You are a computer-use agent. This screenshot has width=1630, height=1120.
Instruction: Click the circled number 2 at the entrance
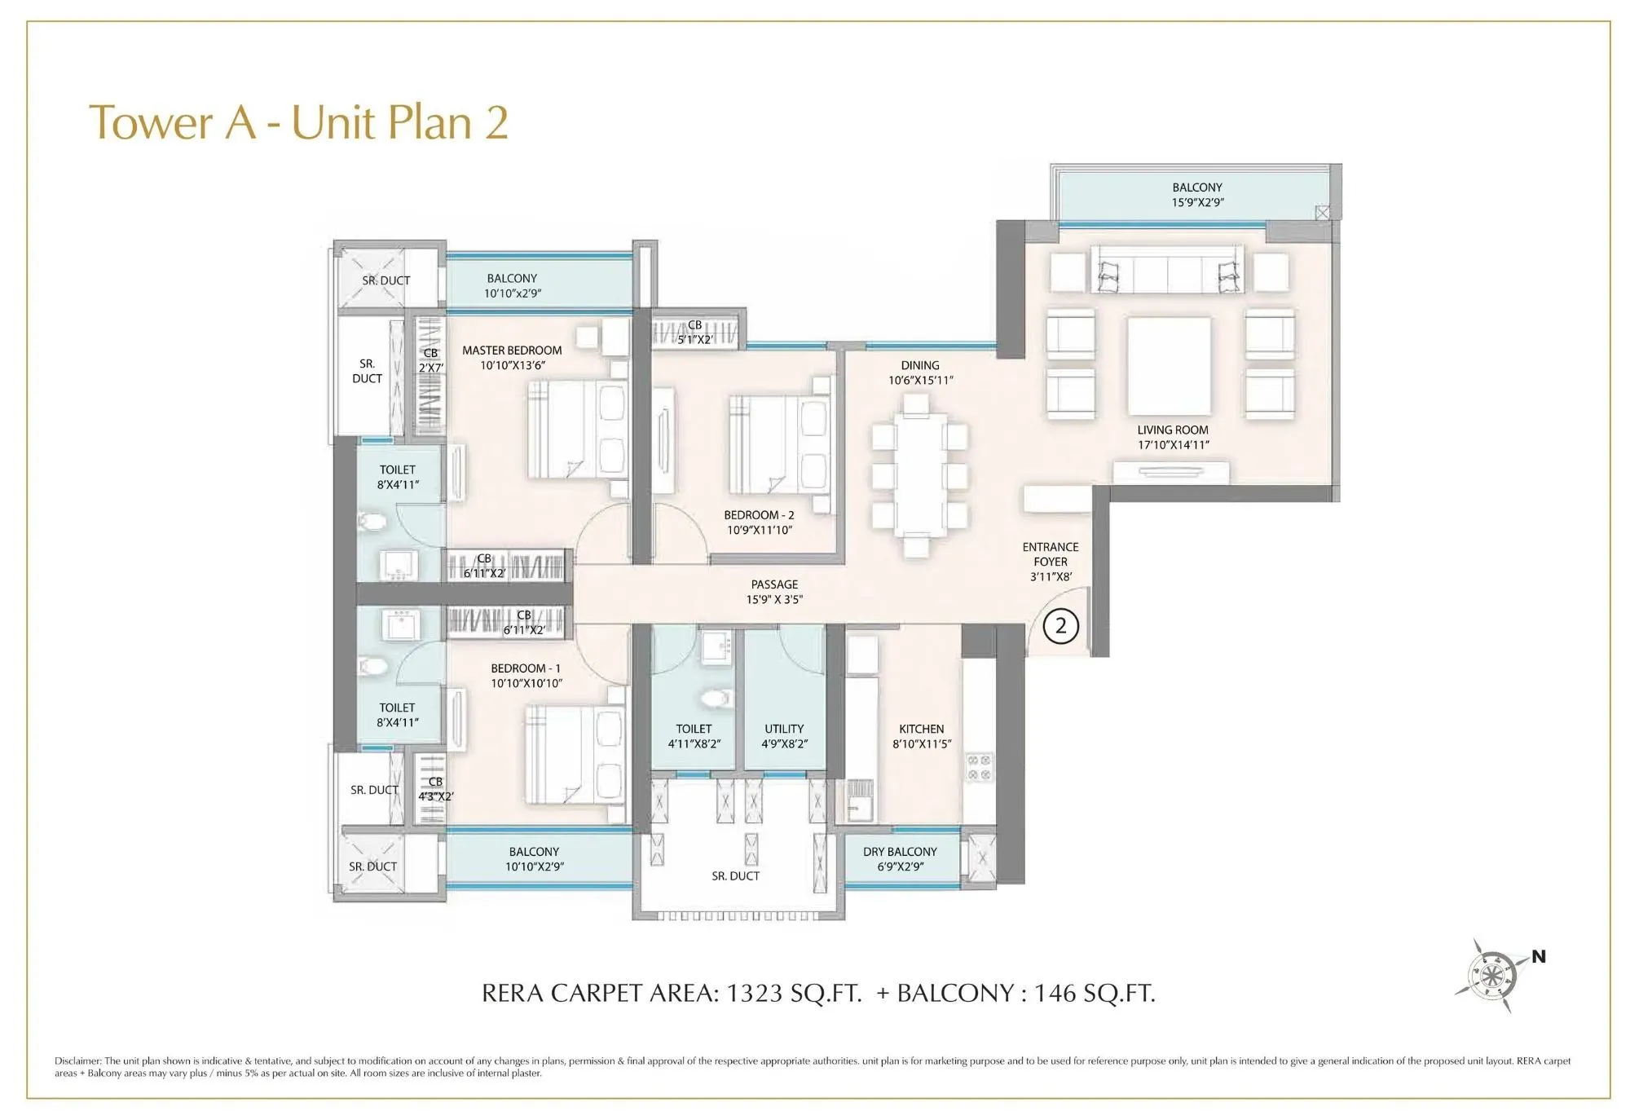pos(1060,626)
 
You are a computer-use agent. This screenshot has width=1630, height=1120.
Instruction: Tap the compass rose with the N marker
pos(1491,975)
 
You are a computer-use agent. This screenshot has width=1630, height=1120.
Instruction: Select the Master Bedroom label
pos(512,351)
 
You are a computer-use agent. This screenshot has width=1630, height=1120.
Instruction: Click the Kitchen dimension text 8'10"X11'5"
pos(922,744)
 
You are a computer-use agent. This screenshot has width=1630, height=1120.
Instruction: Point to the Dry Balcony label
pos(900,852)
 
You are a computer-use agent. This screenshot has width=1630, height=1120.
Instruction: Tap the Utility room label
pos(784,729)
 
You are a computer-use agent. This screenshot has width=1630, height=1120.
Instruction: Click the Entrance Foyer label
pos(1051,554)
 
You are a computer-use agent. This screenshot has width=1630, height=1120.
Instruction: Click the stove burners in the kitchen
pos(978,767)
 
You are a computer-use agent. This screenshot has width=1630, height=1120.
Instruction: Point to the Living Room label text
pos(1173,430)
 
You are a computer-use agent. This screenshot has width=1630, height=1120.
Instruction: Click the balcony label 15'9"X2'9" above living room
pos(1197,202)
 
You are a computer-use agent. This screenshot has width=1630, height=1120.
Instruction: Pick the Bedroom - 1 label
pos(525,668)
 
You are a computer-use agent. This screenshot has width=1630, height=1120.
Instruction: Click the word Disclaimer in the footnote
pos(77,1061)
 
